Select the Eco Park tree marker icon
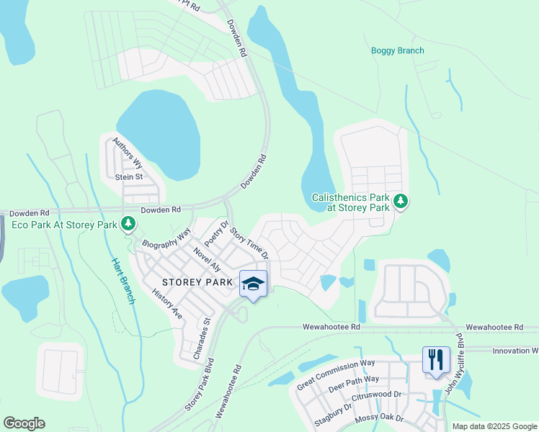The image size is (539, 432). click(128, 225)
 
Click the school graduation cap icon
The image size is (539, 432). click(253, 284)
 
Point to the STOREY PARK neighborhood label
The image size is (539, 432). click(197, 282)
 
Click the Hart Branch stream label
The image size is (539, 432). click(123, 281)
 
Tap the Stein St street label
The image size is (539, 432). click(129, 176)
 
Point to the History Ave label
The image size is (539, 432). click(167, 304)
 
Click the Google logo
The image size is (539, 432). click(24, 423)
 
